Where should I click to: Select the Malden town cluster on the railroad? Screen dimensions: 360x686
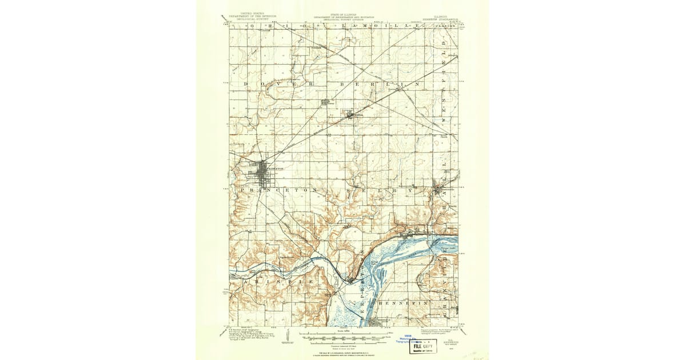354,115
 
